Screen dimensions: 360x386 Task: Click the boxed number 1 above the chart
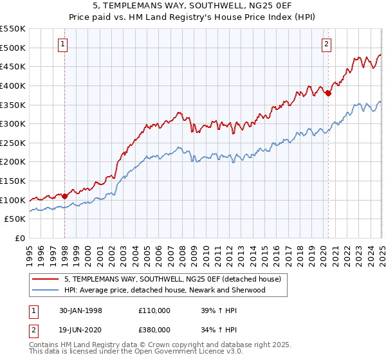(x=63, y=44)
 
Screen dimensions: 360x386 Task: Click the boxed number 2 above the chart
(x=327, y=44)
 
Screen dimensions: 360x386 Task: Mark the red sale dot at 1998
(x=65, y=196)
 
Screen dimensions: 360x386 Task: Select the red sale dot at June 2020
(x=328, y=93)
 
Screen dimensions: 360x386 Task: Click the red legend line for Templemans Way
(x=45, y=280)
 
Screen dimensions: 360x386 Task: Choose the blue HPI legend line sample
(x=45, y=290)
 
